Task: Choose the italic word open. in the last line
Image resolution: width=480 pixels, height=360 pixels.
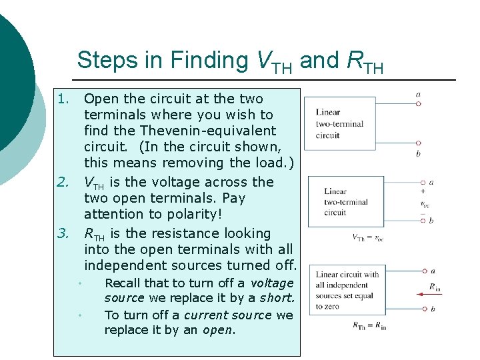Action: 219,331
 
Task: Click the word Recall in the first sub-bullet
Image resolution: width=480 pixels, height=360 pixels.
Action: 123,283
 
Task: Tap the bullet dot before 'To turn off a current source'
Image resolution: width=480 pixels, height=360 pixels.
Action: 79,315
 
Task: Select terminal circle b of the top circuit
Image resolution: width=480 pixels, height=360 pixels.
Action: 418,143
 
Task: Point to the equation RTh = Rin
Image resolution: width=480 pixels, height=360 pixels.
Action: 369,325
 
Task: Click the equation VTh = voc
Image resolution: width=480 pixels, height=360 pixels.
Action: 368,237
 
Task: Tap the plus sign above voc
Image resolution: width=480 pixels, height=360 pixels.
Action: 423,191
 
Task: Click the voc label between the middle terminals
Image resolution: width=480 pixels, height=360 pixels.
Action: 425,204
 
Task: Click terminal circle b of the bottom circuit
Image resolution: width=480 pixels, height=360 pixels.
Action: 423,309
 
